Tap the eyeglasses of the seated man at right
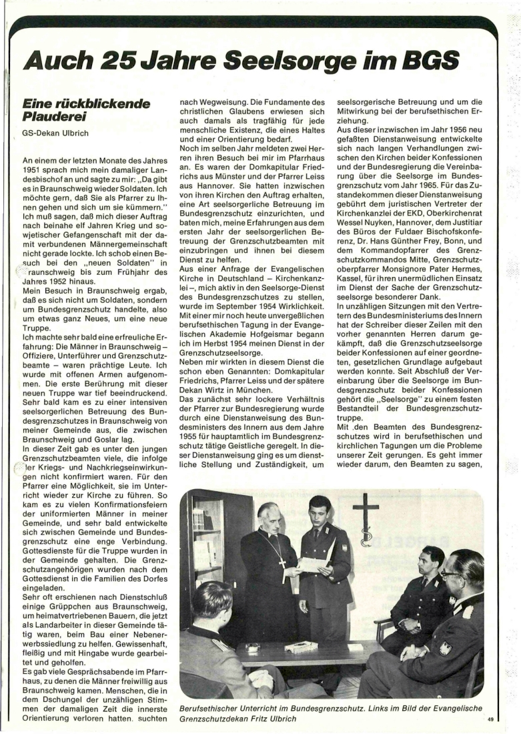click(x=451, y=573)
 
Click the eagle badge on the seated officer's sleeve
click(x=444, y=647)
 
